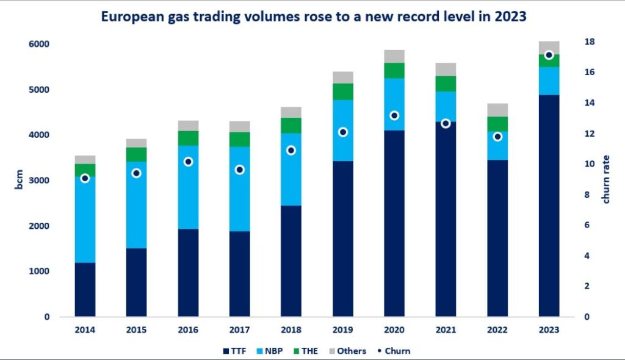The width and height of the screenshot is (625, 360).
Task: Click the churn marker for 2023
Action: click(549, 56)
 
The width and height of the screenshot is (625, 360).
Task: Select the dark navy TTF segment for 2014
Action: click(85, 289)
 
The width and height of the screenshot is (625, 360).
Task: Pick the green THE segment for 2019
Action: click(343, 92)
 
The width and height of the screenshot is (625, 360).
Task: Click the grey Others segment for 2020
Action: click(394, 56)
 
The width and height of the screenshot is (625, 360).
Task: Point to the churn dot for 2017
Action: click(240, 170)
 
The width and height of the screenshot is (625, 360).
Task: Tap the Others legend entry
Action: click(349, 351)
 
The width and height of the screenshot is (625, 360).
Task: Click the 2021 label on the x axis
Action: click(446, 330)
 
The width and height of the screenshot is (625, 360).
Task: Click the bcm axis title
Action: click(19, 181)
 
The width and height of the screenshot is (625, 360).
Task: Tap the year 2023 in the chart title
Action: click(512, 17)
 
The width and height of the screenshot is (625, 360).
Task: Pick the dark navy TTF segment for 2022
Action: click(497, 238)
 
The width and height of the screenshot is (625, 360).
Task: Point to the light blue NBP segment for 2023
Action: click(549, 81)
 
